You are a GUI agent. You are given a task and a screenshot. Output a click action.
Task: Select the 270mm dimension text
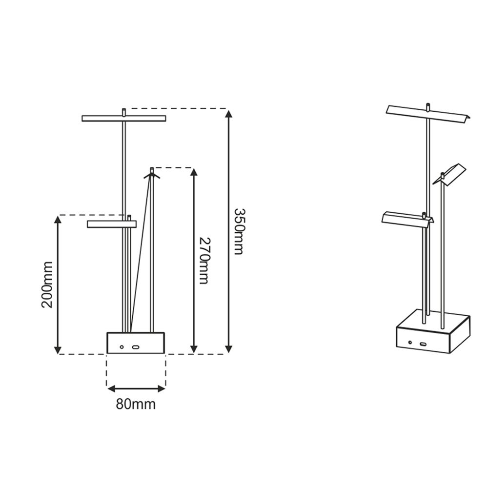(x=204, y=261)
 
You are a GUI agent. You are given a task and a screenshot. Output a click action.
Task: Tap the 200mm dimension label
(x=47, y=285)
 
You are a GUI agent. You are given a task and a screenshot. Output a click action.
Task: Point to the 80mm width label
(x=136, y=404)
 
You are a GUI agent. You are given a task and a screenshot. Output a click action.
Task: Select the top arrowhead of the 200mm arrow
(x=57, y=220)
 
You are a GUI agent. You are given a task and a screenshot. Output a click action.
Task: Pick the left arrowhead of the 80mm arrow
(x=111, y=388)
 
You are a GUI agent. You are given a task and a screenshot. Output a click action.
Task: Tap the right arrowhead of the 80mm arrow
(x=161, y=388)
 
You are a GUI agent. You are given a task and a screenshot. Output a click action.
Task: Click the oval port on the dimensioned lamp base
(x=135, y=347)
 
